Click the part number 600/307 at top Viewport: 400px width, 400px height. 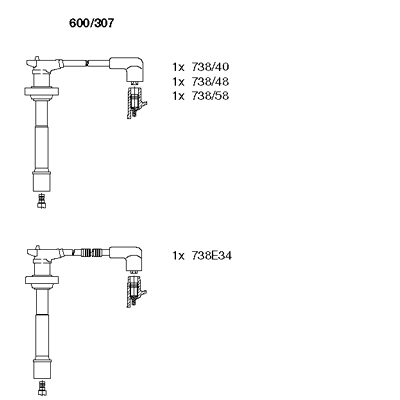tap(91, 23)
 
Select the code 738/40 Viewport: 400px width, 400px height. tap(210, 67)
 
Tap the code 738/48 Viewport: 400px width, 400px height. tap(210, 81)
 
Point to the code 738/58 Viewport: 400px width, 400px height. tap(210, 96)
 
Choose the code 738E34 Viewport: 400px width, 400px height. tap(211, 256)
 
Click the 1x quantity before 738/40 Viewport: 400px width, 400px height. tap(178, 67)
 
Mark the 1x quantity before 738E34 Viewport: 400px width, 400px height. tap(178, 256)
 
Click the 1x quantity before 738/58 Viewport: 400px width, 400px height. tap(178, 96)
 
